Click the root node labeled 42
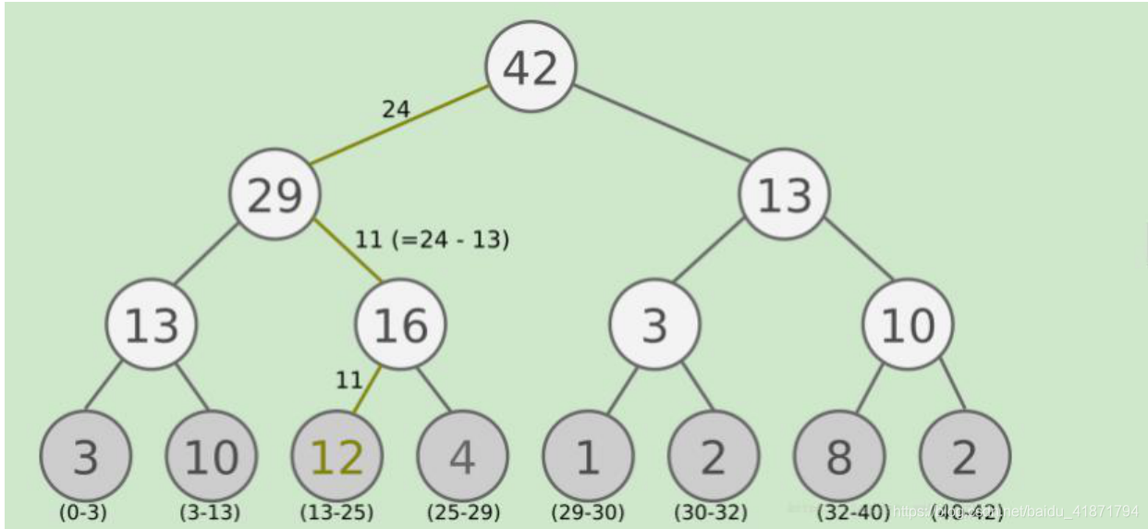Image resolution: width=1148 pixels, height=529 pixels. [x=531, y=67]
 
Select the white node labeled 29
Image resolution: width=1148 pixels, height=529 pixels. [x=275, y=194]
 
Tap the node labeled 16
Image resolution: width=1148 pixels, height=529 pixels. [x=400, y=325]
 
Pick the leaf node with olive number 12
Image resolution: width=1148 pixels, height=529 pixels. [x=336, y=457]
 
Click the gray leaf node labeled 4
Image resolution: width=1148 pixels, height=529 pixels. [x=462, y=457]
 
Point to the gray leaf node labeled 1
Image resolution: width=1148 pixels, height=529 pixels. [x=588, y=457]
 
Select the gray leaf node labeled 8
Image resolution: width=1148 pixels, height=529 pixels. [x=839, y=457]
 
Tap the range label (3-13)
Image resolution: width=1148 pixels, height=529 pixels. [x=210, y=511]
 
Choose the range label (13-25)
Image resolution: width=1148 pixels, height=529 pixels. [x=336, y=511]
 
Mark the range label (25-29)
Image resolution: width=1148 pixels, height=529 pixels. [x=463, y=511]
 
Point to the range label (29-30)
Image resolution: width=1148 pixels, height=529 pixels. [x=588, y=511]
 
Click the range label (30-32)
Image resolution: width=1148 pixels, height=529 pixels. [x=711, y=511]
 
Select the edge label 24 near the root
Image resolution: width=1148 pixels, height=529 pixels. [x=396, y=109]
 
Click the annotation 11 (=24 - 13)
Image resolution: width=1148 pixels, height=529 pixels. [x=432, y=240]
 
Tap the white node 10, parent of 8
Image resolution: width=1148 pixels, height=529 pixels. [x=908, y=325]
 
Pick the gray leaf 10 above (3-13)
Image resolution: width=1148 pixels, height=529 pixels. [x=211, y=457]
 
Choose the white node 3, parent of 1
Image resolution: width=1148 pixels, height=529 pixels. [x=654, y=325]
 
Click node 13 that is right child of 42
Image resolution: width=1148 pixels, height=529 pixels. [x=784, y=194]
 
